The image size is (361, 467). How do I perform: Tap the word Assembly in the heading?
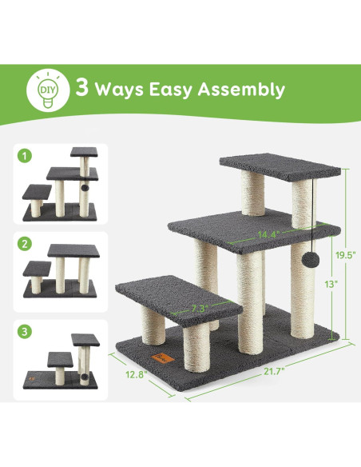tap(246, 89)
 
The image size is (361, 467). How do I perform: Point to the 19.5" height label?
tap(346, 255)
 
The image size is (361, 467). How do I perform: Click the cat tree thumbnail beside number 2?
tap(63, 269)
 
